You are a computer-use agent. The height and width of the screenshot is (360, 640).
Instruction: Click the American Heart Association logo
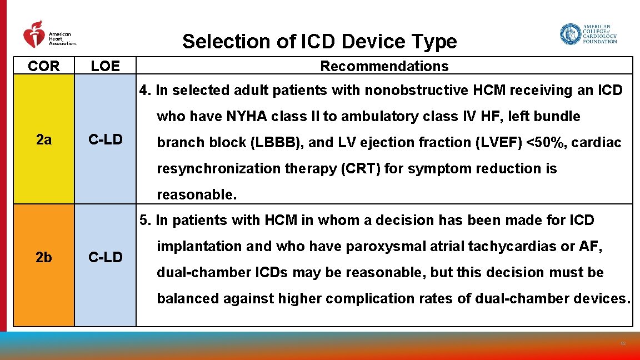pos(49,35)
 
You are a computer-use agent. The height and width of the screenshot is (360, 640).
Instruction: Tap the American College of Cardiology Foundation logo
pos(588,34)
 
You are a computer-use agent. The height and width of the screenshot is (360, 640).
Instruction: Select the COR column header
pos(43,66)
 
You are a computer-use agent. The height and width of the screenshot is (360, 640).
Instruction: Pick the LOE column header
pos(105,66)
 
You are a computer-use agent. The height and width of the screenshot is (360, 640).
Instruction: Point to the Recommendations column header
pos(384,66)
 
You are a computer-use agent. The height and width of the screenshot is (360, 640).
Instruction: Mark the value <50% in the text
pos(544,143)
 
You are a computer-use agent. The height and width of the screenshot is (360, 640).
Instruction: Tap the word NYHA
pos(245,117)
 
